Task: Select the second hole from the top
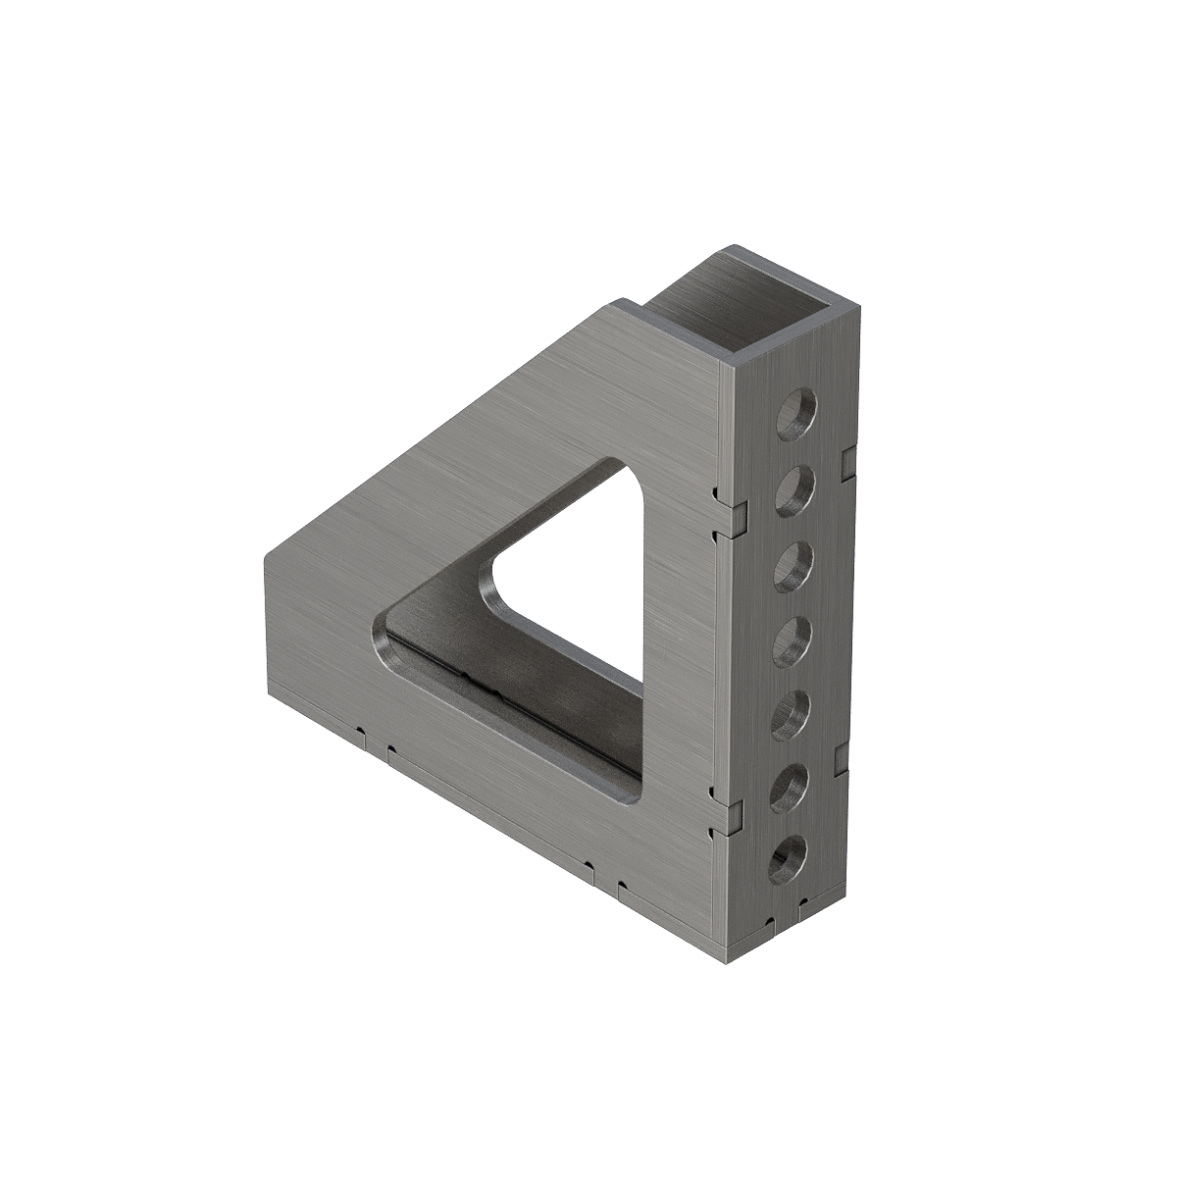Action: coord(795,488)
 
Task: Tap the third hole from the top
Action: coord(793,566)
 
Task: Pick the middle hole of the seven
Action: coord(792,640)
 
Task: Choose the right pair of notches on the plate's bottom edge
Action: coord(603,877)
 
